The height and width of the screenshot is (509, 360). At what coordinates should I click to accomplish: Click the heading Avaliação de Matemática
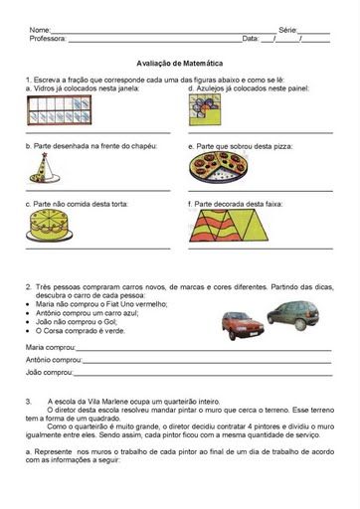[x=180, y=61]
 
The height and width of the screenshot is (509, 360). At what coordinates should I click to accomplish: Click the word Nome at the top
[x=41, y=31]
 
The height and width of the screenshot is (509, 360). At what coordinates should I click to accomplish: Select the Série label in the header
[x=288, y=31]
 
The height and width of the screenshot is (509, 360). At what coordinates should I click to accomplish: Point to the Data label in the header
[x=251, y=39]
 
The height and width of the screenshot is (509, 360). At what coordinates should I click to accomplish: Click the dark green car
[x=297, y=315]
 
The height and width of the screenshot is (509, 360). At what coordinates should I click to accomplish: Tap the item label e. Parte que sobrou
[x=240, y=145]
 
